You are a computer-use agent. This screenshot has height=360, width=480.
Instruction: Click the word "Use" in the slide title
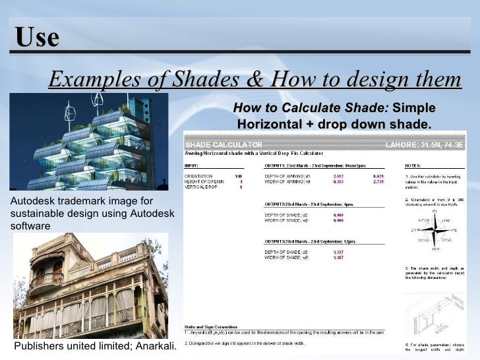click(37, 38)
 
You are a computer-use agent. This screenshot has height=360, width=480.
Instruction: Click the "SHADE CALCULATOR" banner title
click(224, 144)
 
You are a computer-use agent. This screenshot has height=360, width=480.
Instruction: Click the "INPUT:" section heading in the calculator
click(193, 165)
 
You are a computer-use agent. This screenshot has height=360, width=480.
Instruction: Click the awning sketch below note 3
click(435, 310)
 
